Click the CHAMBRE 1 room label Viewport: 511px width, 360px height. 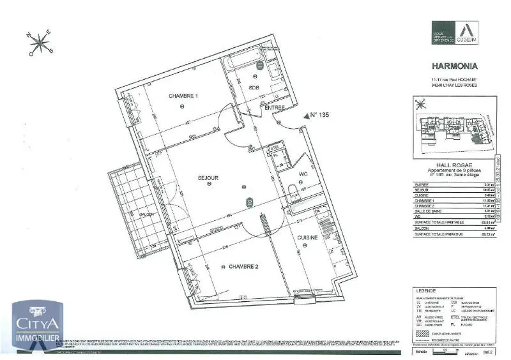point(183,96)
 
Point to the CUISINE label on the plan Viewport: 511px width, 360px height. point(307,237)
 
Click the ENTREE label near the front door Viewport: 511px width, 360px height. point(275,108)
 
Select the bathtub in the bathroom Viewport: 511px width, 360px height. point(243,63)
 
